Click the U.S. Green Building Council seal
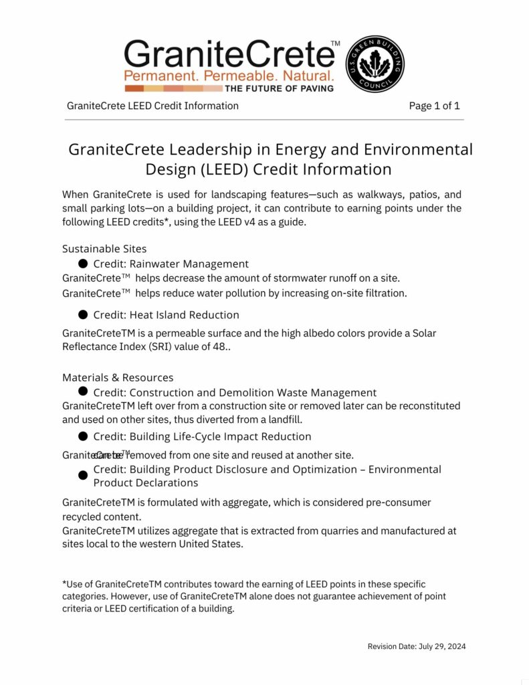[375, 64]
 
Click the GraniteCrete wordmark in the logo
[228, 54]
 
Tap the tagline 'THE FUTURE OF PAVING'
[280, 88]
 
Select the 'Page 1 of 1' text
[434, 106]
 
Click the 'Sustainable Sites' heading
[104, 249]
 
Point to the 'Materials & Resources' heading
[118, 377]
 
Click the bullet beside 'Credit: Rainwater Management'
[83, 264]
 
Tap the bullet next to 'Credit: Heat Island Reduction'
[83, 314]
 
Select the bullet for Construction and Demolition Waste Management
[83, 391]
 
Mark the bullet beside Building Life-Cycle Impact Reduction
[83, 436]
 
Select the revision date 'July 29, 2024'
[442, 646]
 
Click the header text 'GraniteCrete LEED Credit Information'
[152, 106]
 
